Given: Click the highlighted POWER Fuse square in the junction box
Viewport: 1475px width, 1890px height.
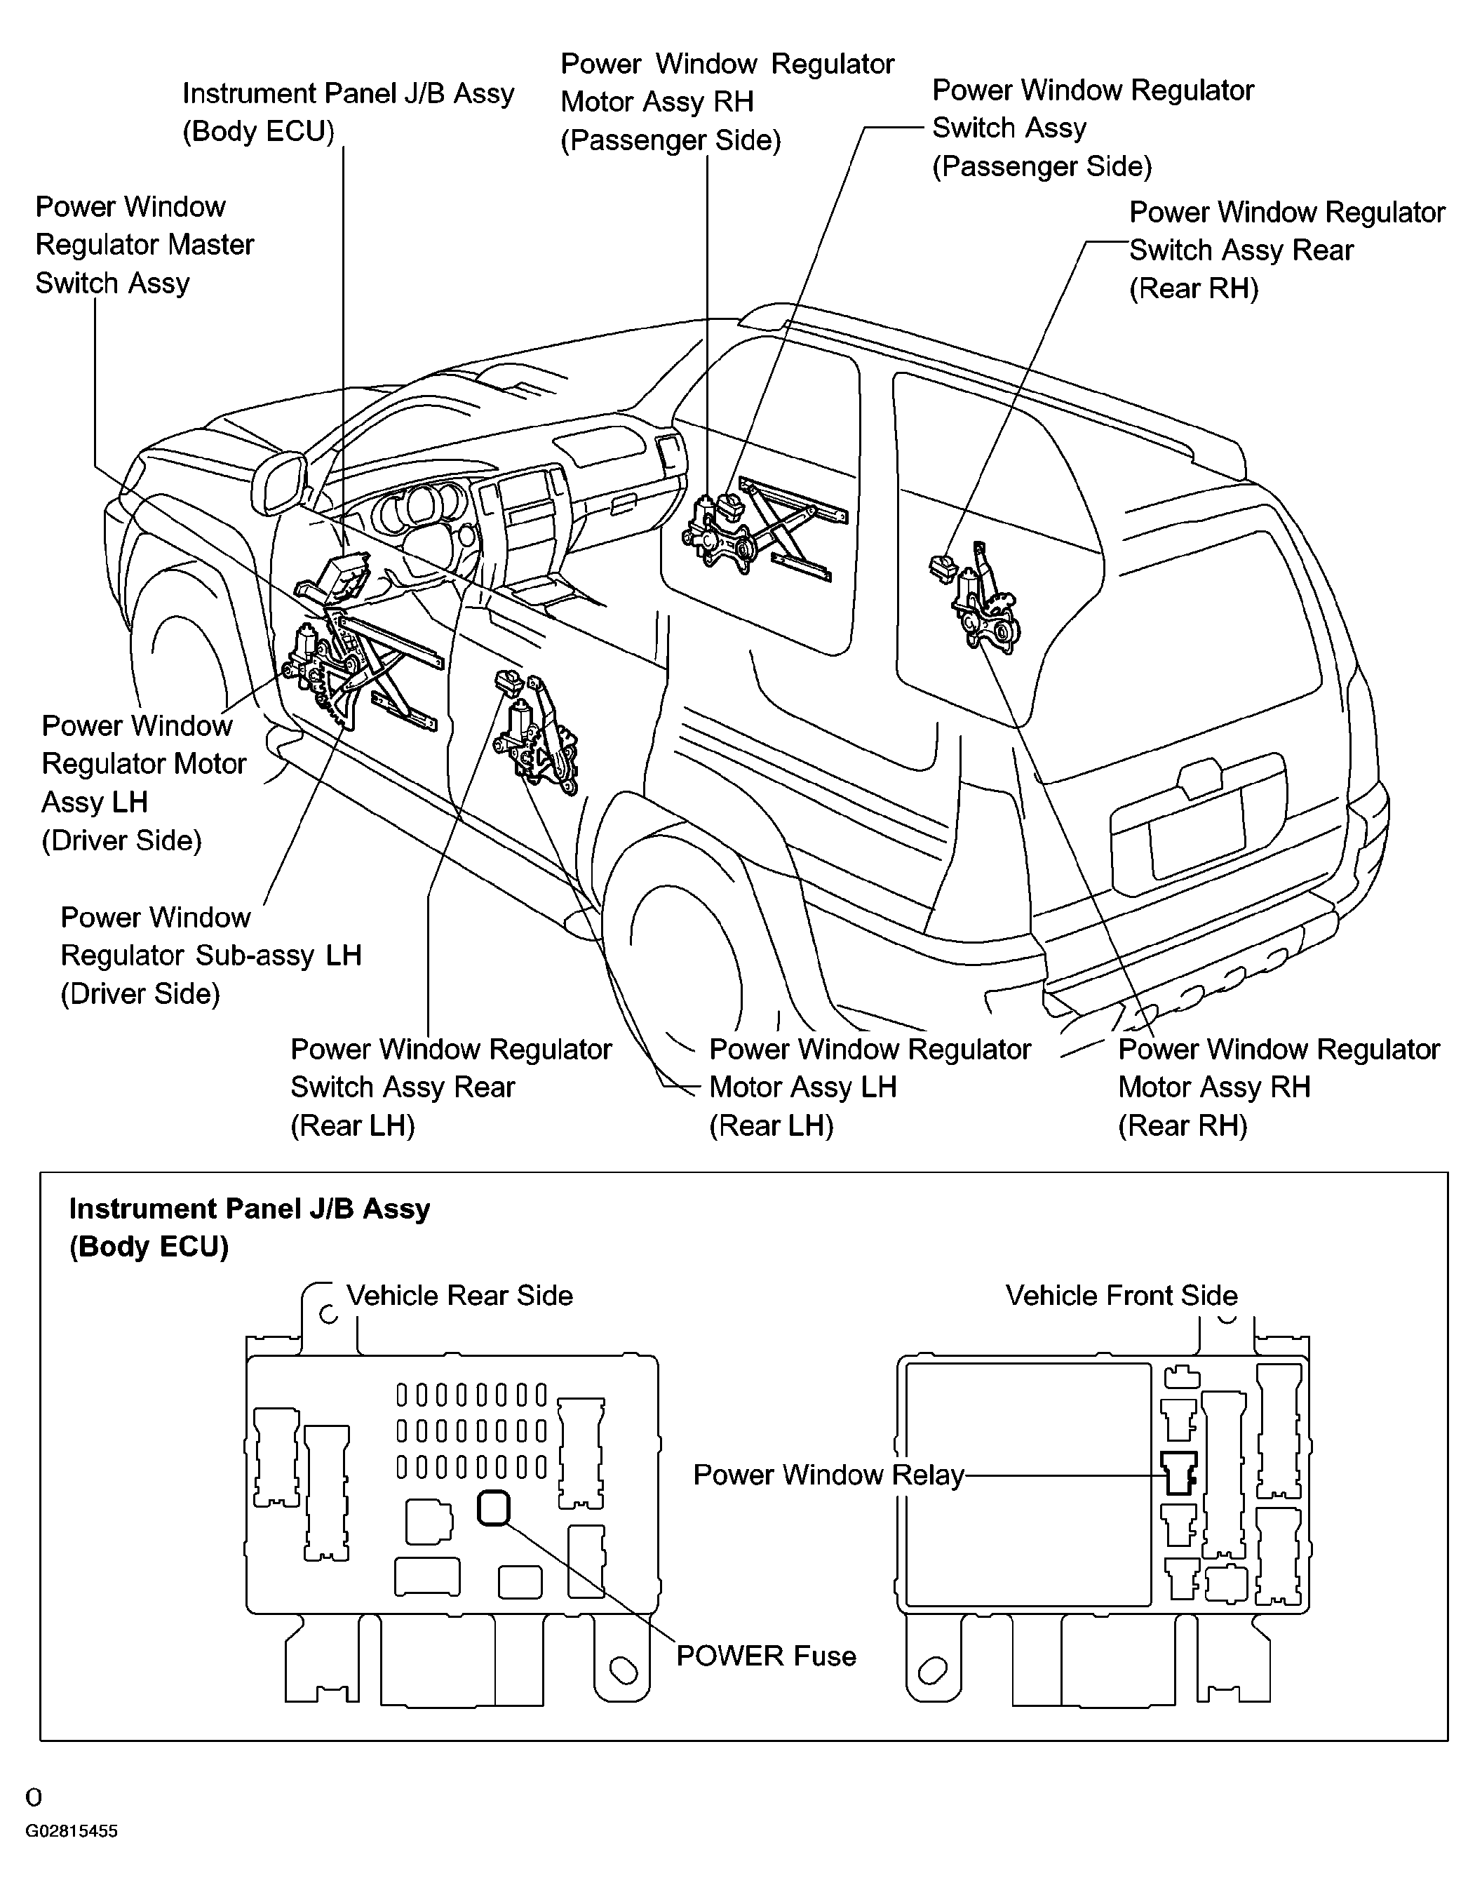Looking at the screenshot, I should point(493,1507).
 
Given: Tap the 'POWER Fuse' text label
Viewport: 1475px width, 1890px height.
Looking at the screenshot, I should point(766,1656).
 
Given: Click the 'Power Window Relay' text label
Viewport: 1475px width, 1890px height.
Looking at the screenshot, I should point(828,1474).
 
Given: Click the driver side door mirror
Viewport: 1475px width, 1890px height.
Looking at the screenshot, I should point(279,485).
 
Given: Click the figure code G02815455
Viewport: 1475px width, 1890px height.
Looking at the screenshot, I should point(71,1831).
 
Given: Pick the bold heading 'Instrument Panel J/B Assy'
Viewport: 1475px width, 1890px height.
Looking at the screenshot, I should point(249,1208).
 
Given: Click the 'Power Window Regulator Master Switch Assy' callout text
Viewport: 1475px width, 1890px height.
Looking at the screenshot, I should point(144,244).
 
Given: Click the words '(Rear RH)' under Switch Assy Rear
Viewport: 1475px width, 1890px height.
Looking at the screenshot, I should point(1193,288).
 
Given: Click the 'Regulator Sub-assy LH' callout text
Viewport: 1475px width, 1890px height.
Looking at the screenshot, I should point(210,955).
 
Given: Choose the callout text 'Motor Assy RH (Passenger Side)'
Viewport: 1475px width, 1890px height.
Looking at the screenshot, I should point(671,120).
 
